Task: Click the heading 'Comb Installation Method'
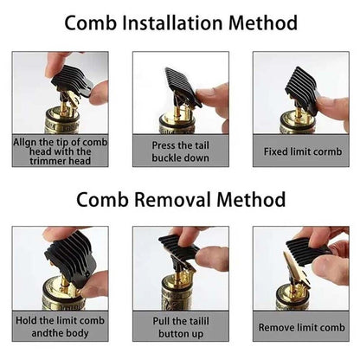tap(180, 23)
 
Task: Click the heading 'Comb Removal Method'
tap(180, 200)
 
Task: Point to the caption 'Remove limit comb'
tap(300, 328)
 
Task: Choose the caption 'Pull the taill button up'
tap(180, 328)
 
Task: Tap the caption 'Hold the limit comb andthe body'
tap(60, 328)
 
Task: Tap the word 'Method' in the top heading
tap(265, 23)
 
